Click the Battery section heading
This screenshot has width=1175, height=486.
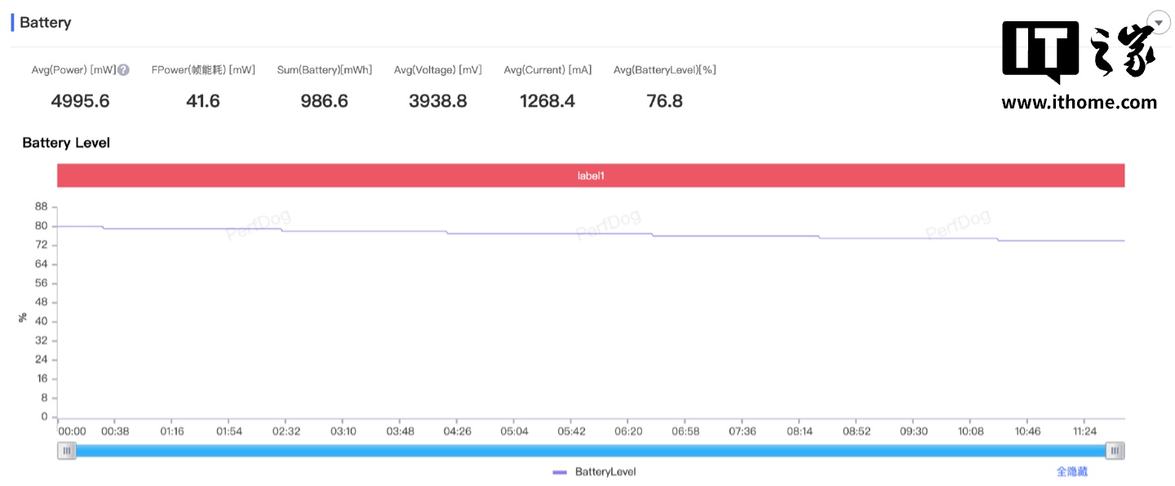click(45, 23)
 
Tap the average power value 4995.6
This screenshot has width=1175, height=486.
click(80, 101)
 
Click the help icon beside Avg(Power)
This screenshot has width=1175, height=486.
click(124, 70)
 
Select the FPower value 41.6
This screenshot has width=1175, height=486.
click(203, 101)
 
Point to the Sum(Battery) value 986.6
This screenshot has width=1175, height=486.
click(324, 101)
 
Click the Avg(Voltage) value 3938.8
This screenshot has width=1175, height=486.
click(437, 101)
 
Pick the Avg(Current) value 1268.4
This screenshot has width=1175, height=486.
click(548, 101)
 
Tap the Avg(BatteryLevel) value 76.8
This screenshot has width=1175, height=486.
click(664, 101)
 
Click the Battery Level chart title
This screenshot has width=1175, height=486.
click(66, 143)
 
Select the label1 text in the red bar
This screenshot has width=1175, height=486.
click(591, 175)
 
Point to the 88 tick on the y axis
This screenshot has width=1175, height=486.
click(41, 207)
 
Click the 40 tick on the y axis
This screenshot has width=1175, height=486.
click(41, 321)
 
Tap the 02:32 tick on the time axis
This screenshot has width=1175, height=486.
click(286, 431)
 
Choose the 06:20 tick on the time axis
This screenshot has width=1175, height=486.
click(628, 431)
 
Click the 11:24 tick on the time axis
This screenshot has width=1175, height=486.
click(1085, 431)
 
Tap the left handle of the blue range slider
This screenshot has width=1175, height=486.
click(67, 451)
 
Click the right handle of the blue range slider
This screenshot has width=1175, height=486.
click(1115, 451)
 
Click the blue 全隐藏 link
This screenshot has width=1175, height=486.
click(1071, 472)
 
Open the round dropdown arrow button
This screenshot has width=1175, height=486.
click(1159, 23)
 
